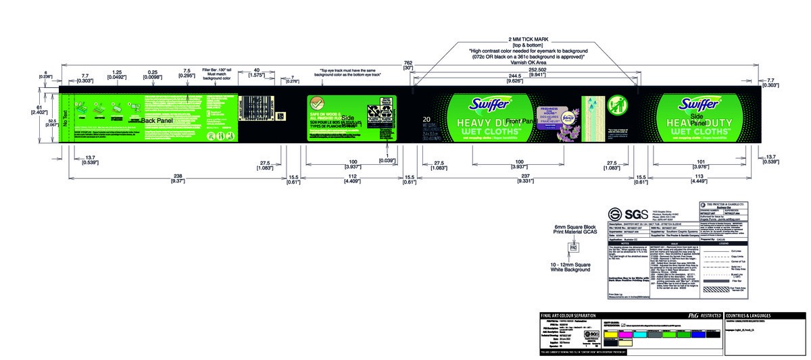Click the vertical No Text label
pos(65,120)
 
